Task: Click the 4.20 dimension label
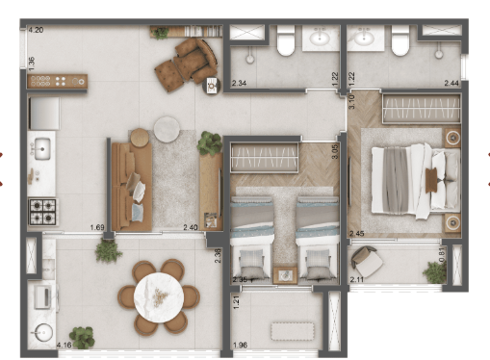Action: [x=37, y=31]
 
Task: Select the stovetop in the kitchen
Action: [x=43, y=210]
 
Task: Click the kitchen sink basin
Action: [x=42, y=148]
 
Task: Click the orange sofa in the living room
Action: [x=130, y=184]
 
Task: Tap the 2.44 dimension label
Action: [x=451, y=85]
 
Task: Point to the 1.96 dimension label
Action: [x=242, y=346]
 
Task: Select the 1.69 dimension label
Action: [x=96, y=228]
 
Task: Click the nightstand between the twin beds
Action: [x=285, y=275]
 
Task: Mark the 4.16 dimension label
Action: [x=65, y=345]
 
